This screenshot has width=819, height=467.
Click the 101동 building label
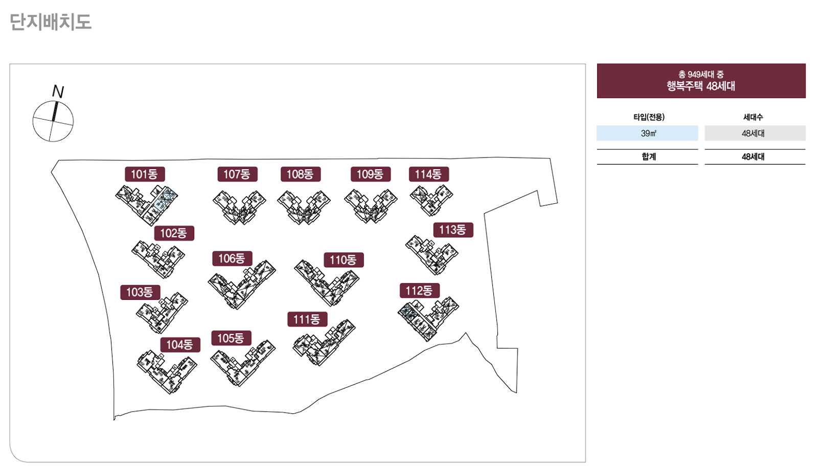pyautogui.click(x=145, y=174)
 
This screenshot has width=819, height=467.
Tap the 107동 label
pyautogui.click(x=237, y=174)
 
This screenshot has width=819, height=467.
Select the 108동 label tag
pyautogui.click(x=300, y=174)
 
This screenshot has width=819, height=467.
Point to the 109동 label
pyautogui.click(x=370, y=174)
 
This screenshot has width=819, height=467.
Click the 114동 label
pyautogui.click(x=428, y=174)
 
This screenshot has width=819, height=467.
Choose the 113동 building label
pyautogui.click(x=453, y=230)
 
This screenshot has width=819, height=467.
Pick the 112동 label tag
pyautogui.click(x=419, y=291)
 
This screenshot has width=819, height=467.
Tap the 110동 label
pyautogui.click(x=344, y=260)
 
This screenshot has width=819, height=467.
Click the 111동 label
pyautogui.click(x=307, y=319)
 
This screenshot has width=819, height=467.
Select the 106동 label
pyautogui.click(x=232, y=259)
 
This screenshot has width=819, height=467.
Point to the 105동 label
pyautogui.click(x=231, y=338)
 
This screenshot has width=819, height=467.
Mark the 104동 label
pyautogui.click(x=180, y=345)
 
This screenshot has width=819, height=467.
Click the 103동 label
pyautogui.click(x=140, y=292)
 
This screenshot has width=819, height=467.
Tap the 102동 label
pyautogui.click(x=174, y=233)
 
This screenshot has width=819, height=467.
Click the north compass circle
pyautogui.click(x=53, y=122)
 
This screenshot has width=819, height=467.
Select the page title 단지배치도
pyautogui.click(x=50, y=22)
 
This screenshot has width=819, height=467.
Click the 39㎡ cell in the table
pyautogui.click(x=647, y=133)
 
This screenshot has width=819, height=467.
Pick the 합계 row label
pyautogui.click(x=648, y=157)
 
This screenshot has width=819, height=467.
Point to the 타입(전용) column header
pyautogui.click(x=648, y=117)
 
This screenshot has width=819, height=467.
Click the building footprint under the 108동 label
pyautogui.click(x=304, y=207)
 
